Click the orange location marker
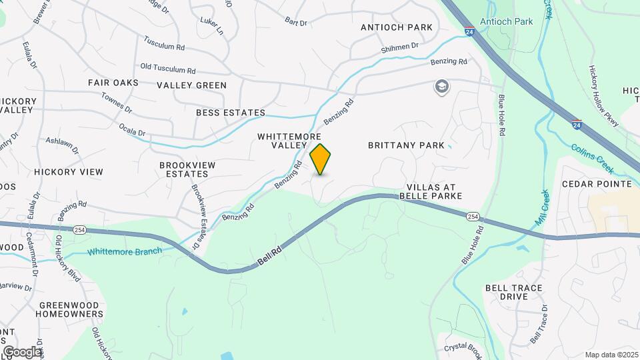point(321,159)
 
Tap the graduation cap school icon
point(441,87)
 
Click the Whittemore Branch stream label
point(124,251)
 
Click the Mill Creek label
point(541,207)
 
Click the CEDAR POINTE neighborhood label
point(597,183)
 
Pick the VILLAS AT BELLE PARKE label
point(431,192)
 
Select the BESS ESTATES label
point(231,113)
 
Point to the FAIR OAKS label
point(113,83)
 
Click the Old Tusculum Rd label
point(168,69)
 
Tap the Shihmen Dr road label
point(399,47)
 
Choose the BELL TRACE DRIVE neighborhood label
point(513,292)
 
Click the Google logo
point(22,351)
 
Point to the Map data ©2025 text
point(611,355)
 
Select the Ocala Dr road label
point(131,128)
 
